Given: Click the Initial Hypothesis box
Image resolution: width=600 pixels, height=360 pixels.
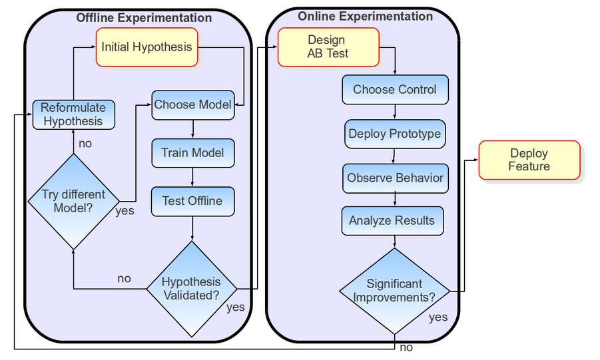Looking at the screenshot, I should [x=147, y=47].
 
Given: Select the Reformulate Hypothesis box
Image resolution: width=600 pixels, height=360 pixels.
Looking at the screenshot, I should [x=73, y=114].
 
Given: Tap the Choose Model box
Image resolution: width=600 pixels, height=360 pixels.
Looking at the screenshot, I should [x=192, y=105].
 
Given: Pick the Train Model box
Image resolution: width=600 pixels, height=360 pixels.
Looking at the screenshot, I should [x=192, y=153].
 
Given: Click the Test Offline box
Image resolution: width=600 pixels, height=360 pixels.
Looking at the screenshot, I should [x=192, y=201].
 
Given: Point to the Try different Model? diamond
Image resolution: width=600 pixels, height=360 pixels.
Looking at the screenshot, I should [x=73, y=201].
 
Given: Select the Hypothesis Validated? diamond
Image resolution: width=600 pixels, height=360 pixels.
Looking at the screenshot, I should [x=192, y=288].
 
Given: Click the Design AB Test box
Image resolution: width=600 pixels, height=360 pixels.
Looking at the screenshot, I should [x=328, y=47].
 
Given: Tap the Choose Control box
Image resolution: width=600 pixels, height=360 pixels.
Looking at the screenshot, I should [x=395, y=90].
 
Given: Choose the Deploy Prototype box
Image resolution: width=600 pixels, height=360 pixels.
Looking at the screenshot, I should [x=395, y=134].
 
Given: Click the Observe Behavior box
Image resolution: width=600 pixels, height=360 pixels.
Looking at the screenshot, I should [x=395, y=178].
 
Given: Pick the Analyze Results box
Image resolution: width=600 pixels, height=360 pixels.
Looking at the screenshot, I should [x=392, y=220].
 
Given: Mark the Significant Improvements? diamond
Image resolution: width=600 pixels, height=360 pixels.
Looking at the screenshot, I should [x=394, y=290].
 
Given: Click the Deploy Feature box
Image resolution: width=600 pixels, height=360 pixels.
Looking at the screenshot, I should [x=529, y=160].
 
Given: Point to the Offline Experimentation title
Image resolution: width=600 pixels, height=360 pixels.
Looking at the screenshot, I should [x=144, y=18].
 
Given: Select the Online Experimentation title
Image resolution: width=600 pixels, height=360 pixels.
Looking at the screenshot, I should [x=365, y=16].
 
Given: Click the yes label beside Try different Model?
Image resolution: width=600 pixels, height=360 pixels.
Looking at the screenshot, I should [x=125, y=211].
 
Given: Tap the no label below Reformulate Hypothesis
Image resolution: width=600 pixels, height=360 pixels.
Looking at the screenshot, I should [x=85, y=143].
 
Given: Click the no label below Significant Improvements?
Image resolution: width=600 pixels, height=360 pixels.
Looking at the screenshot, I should [x=406, y=347].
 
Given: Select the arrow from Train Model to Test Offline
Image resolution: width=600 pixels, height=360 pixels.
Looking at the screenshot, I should [x=192, y=178].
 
